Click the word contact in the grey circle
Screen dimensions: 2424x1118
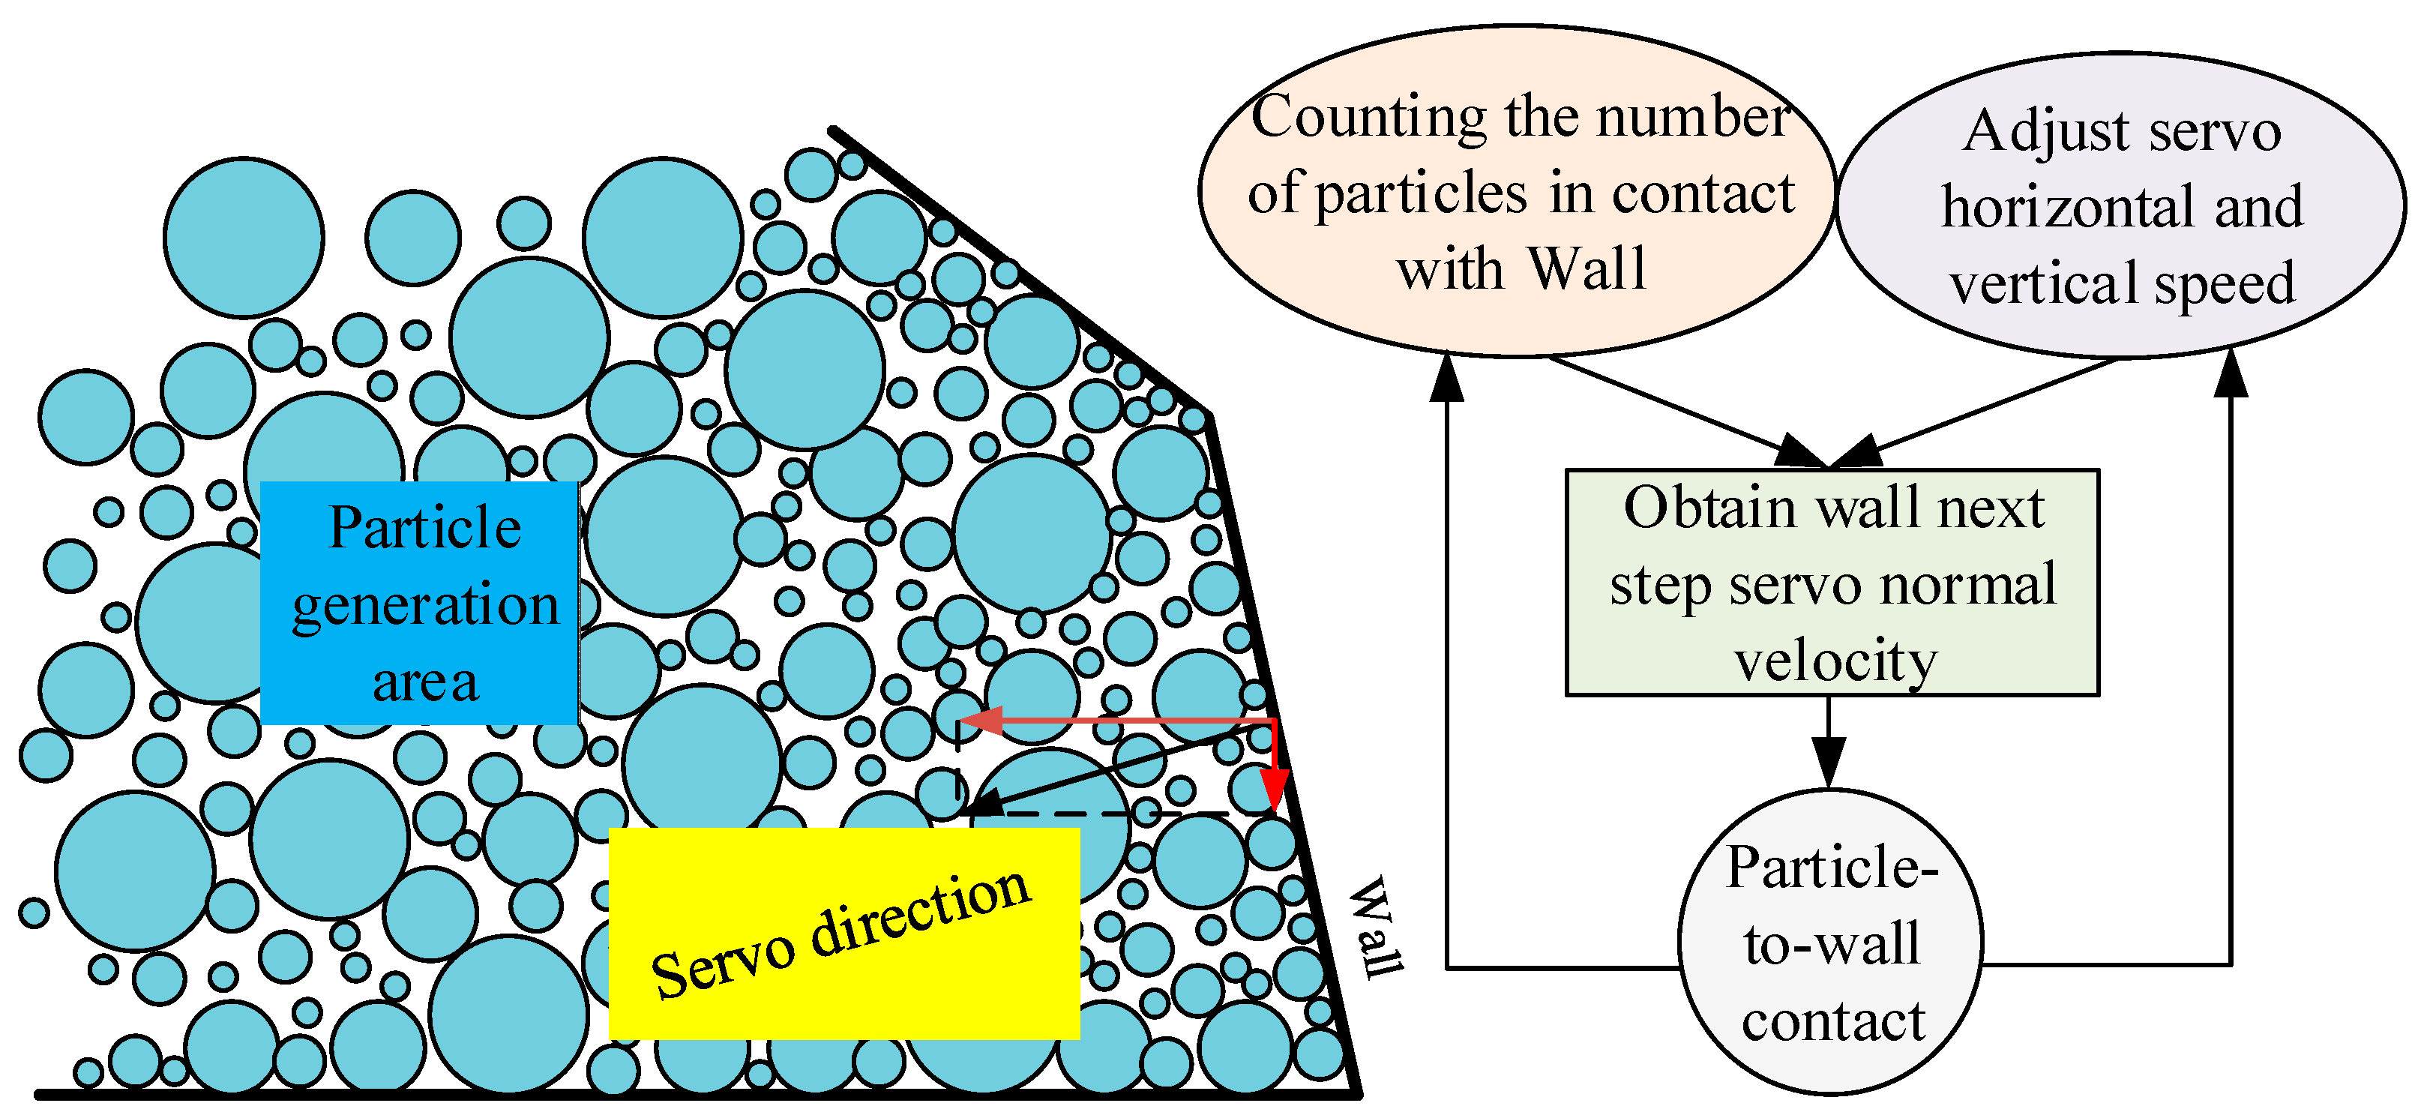tap(1833, 1021)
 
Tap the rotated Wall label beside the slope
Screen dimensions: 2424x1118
tap(1377, 928)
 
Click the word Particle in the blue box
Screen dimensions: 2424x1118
tap(424, 527)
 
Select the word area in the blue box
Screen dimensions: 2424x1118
tap(425, 682)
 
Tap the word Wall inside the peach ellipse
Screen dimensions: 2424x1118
tap(1587, 269)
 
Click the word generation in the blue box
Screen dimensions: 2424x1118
tap(425, 605)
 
